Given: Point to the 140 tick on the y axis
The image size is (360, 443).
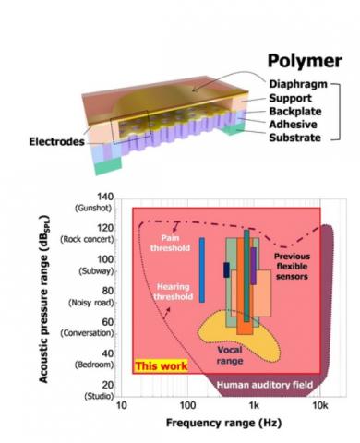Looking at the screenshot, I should pyautogui.click(x=103, y=198).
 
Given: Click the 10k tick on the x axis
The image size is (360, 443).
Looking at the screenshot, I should pyautogui.click(x=318, y=406).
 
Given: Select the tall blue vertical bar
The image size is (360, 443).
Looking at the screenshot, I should pyautogui.click(x=201, y=269).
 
